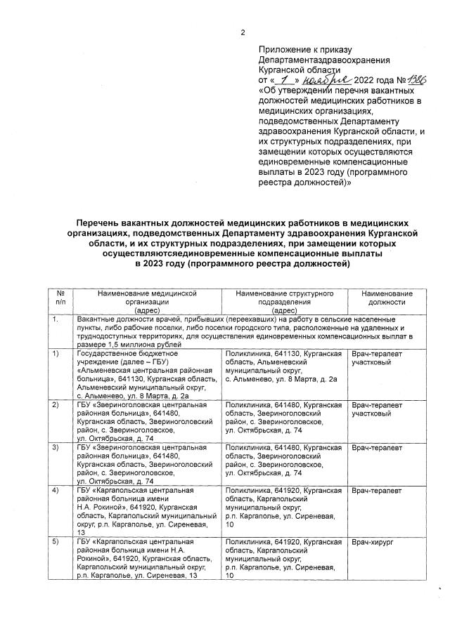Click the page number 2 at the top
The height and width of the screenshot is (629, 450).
(243, 32)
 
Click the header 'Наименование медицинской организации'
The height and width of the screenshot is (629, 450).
(147, 301)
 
